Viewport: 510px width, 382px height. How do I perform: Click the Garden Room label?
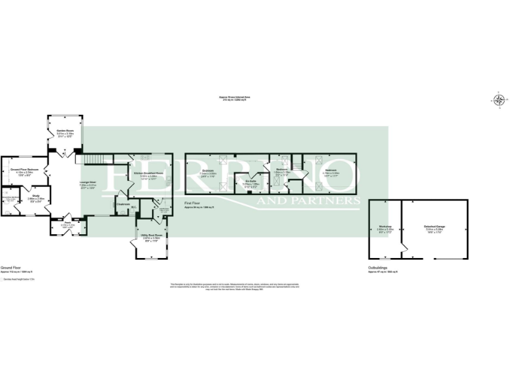coord(64,131)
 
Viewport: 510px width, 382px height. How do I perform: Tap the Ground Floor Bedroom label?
coord(22,169)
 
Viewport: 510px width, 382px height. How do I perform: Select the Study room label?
coord(37,196)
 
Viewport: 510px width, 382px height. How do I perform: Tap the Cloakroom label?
coord(123,204)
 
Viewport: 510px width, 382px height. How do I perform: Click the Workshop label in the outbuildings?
coord(385,227)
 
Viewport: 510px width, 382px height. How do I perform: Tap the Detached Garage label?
coord(434,227)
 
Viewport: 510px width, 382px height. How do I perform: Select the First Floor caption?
coord(194,206)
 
